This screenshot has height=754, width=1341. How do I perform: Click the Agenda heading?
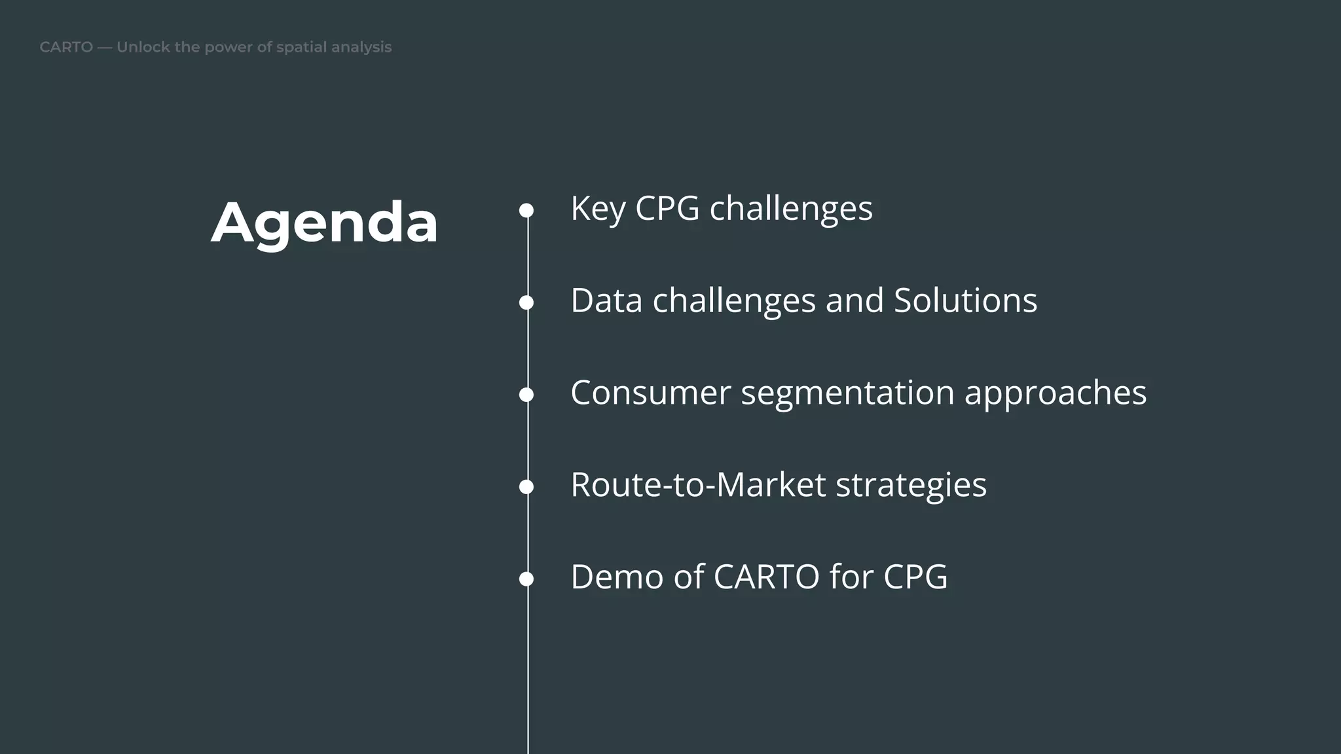tap(324, 223)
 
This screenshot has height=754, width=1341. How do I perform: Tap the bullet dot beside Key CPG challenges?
tap(526, 210)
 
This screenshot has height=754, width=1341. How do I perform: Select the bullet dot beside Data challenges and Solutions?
tap(526, 302)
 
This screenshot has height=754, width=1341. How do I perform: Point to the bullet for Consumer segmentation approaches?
tap(526, 395)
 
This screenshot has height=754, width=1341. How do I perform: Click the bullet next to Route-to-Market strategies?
tap(526, 487)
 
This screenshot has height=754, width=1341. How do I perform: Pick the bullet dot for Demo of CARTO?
tap(526, 579)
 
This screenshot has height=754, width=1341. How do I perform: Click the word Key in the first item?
tap(598, 209)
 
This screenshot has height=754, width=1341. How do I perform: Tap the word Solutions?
tap(965, 301)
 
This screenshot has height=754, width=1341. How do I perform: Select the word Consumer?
tap(650, 393)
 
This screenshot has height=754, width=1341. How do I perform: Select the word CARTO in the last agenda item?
tap(766, 577)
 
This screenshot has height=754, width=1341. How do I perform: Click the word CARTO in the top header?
tap(66, 47)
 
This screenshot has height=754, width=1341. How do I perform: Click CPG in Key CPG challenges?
tap(667, 209)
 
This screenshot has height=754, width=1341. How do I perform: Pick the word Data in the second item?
tap(606, 301)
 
